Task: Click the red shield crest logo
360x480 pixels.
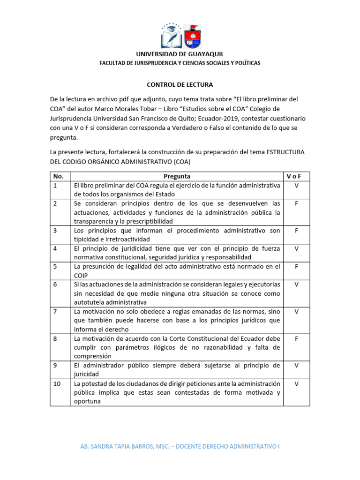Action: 193,36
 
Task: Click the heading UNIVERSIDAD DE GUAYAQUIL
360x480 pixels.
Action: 180,54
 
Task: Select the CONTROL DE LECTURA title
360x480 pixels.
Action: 180,85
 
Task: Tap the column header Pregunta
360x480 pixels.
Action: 177,177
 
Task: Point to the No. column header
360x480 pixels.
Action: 59,177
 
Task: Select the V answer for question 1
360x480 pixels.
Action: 296,186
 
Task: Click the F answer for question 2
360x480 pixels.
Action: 296,203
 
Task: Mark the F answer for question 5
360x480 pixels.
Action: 296,267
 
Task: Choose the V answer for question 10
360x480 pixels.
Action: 296,383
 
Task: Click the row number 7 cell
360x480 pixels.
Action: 55,311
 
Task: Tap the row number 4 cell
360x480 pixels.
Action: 55,248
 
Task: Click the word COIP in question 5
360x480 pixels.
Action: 82,276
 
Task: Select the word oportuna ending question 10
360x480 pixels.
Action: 88,401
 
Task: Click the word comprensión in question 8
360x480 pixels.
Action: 92,356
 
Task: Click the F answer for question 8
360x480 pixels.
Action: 296,338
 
